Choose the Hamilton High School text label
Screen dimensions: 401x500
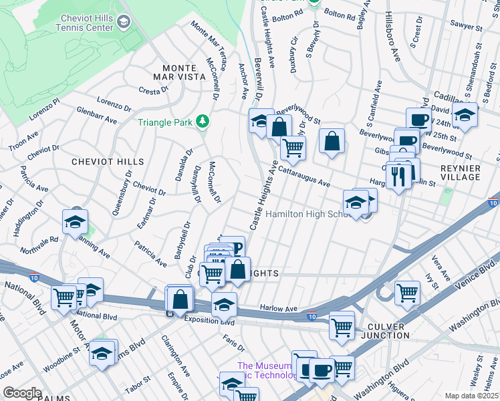(307, 215)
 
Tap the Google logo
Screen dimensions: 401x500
(22, 392)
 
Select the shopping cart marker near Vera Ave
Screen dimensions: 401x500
(407, 292)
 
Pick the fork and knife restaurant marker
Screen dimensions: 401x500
(398, 176)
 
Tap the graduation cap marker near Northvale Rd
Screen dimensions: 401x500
(76, 221)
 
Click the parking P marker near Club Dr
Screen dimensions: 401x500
(232, 247)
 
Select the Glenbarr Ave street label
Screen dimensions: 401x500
(96, 116)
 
